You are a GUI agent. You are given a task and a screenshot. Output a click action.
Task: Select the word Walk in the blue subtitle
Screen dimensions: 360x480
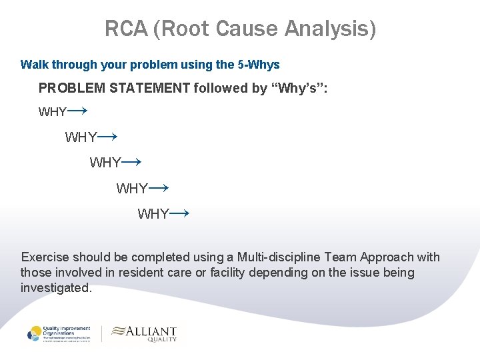point(33,65)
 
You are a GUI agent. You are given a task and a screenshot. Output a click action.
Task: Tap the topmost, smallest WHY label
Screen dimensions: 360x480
point(52,113)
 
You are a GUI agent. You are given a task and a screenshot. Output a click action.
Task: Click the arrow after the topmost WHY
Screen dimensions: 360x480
point(78,110)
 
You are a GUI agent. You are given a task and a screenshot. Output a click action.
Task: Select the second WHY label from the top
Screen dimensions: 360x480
point(81,138)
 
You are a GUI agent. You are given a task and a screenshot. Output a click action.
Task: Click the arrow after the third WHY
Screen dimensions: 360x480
point(132,161)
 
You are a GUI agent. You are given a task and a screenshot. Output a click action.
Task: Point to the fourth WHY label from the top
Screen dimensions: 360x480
point(132,189)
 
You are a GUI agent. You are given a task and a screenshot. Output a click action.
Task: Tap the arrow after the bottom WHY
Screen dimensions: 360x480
point(180,213)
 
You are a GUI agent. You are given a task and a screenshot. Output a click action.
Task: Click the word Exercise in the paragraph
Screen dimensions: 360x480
point(45,257)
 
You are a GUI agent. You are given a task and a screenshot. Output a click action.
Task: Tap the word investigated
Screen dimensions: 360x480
point(56,288)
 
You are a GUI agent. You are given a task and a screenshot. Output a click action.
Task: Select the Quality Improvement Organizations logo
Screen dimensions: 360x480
point(59,333)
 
